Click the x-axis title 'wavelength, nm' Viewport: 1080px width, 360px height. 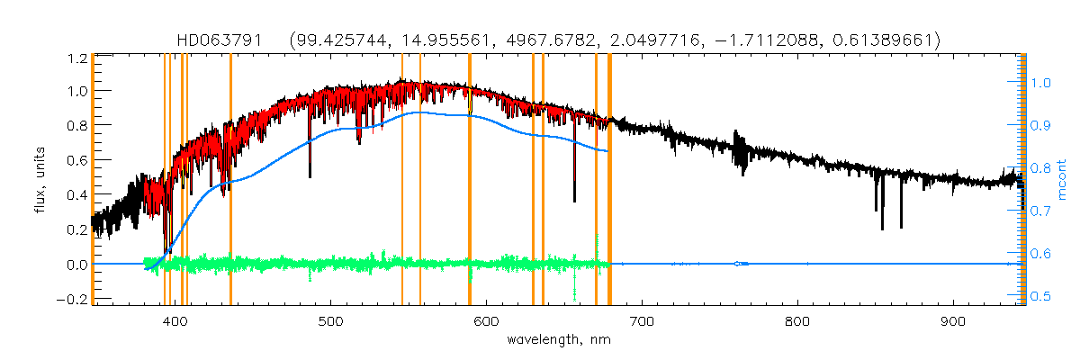click(559, 341)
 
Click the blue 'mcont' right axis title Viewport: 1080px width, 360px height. click(1062, 179)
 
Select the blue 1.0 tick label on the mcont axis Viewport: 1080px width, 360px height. click(1039, 83)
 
